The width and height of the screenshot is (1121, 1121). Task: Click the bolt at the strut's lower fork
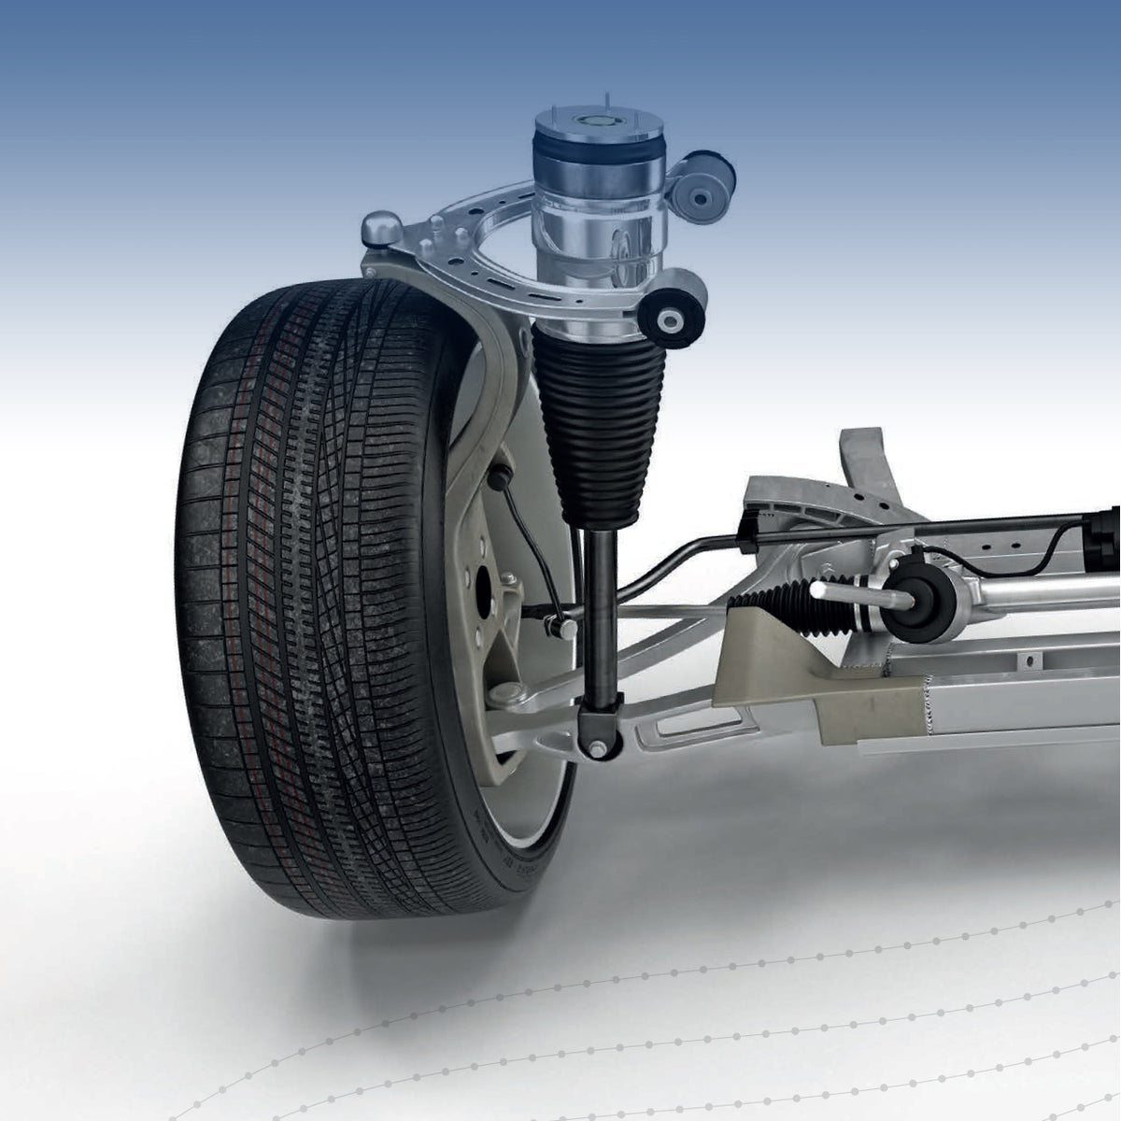point(595,747)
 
